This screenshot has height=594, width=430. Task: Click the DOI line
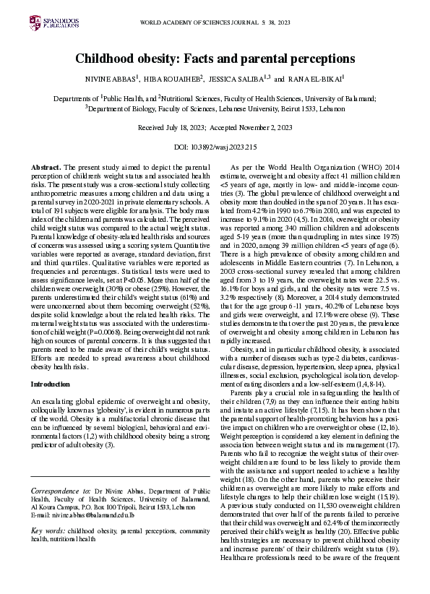click(x=215, y=147)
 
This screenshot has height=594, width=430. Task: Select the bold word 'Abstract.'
click(x=46, y=168)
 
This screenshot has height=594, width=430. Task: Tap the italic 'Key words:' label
click(x=47, y=531)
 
